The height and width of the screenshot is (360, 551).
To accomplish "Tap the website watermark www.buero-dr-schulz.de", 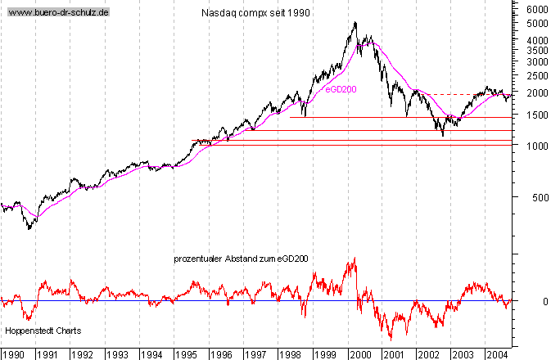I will pyautogui.click(x=57, y=13).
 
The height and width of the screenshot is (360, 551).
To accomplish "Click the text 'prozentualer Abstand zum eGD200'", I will pyautogui.click(x=241, y=259).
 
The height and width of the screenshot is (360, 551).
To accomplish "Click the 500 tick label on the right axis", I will pyautogui.click(x=535, y=199).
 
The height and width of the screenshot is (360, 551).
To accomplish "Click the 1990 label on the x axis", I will pyautogui.click(x=14, y=354).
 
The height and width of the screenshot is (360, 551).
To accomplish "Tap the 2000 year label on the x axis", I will pyautogui.click(x=359, y=354).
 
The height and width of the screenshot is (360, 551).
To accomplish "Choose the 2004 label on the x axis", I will pyautogui.click(x=496, y=354).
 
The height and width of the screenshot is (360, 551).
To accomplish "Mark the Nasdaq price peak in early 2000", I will pyautogui.click(x=355, y=22).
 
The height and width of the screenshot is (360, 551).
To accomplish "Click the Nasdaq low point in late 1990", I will pyautogui.click(x=29, y=229).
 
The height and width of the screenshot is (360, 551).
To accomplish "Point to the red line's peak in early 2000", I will pyautogui.click(x=355, y=258).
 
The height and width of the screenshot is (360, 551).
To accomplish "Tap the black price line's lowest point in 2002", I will pyautogui.click(x=443, y=136).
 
